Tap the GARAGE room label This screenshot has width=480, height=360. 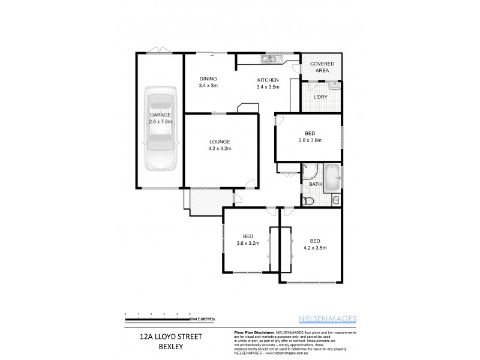pyautogui.click(x=160, y=118)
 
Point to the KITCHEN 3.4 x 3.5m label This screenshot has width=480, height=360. pyautogui.click(x=268, y=83)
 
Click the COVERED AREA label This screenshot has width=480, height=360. pyautogui.click(x=322, y=67)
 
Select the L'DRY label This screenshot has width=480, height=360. pyautogui.click(x=321, y=97)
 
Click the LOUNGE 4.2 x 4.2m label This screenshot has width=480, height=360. pyautogui.click(x=220, y=145)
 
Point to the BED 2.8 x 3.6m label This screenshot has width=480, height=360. pyautogui.click(x=310, y=137)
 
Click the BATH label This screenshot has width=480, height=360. pyautogui.click(x=316, y=184)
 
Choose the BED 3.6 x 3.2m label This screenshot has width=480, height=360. pyautogui.click(x=247, y=239)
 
